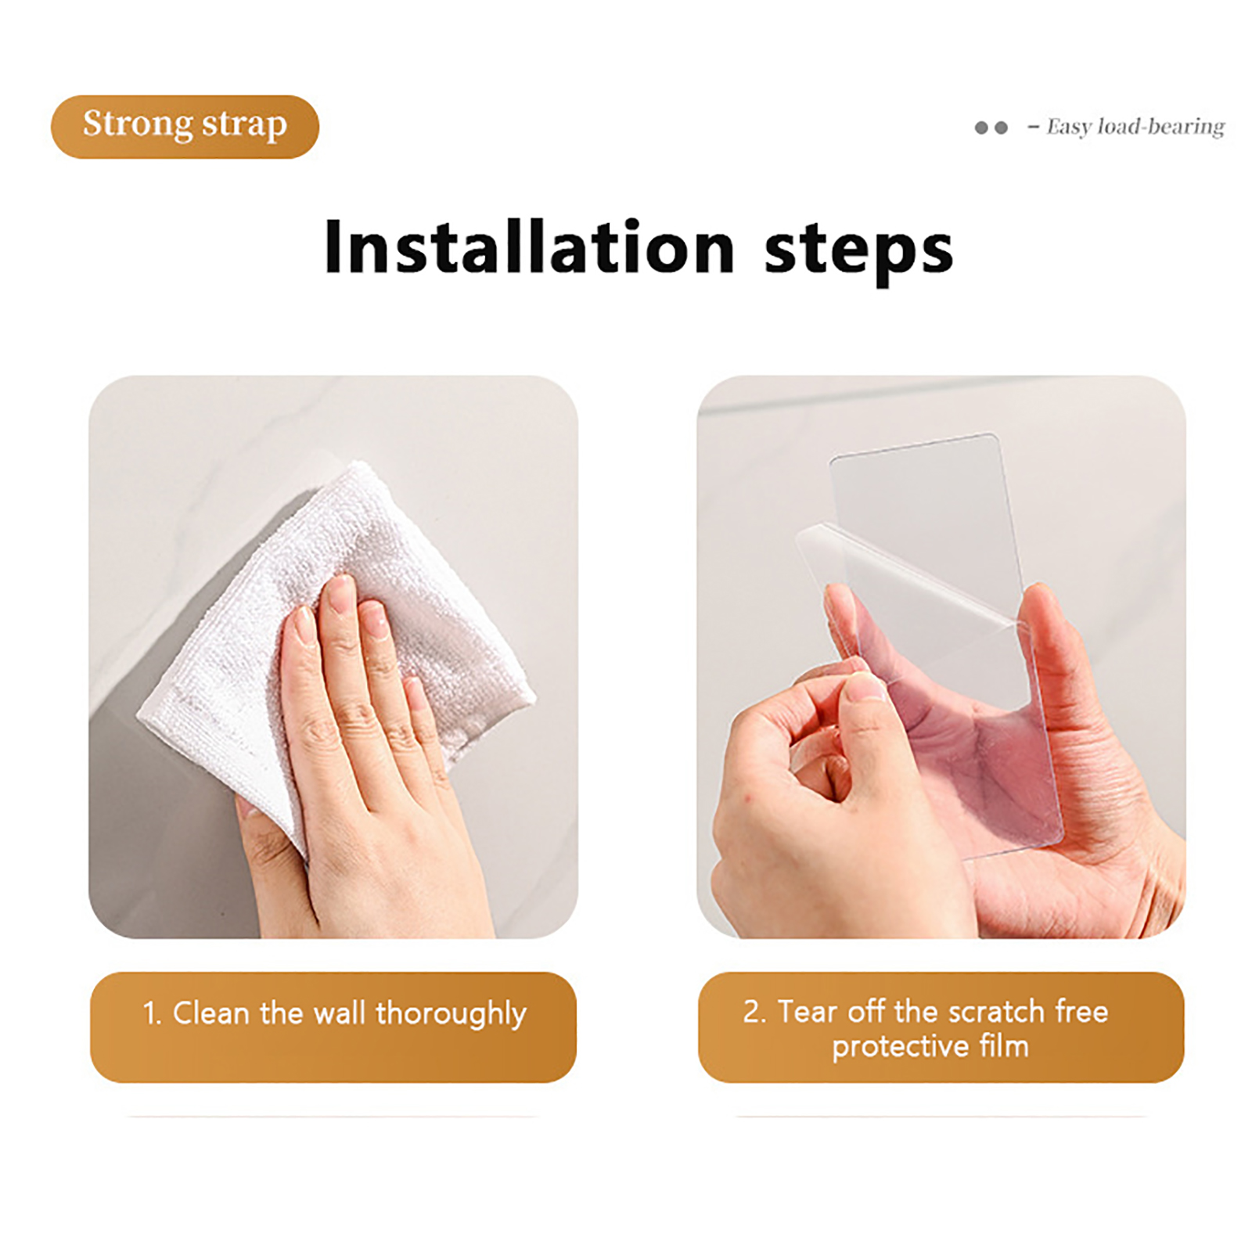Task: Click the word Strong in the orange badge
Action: [x=138, y=124]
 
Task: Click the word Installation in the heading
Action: [x=530, y=247]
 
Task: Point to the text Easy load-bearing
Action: [x=1135, y=127]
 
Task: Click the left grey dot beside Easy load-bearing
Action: [x=981, y=128]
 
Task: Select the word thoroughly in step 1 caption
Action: [x=451, y=1015]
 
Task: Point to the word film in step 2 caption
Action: [x=1003, y=1045]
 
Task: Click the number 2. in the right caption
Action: [x=754, y=1012]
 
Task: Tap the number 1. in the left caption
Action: [x=152, y=1014]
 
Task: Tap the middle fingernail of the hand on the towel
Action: [x=340, y=594]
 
